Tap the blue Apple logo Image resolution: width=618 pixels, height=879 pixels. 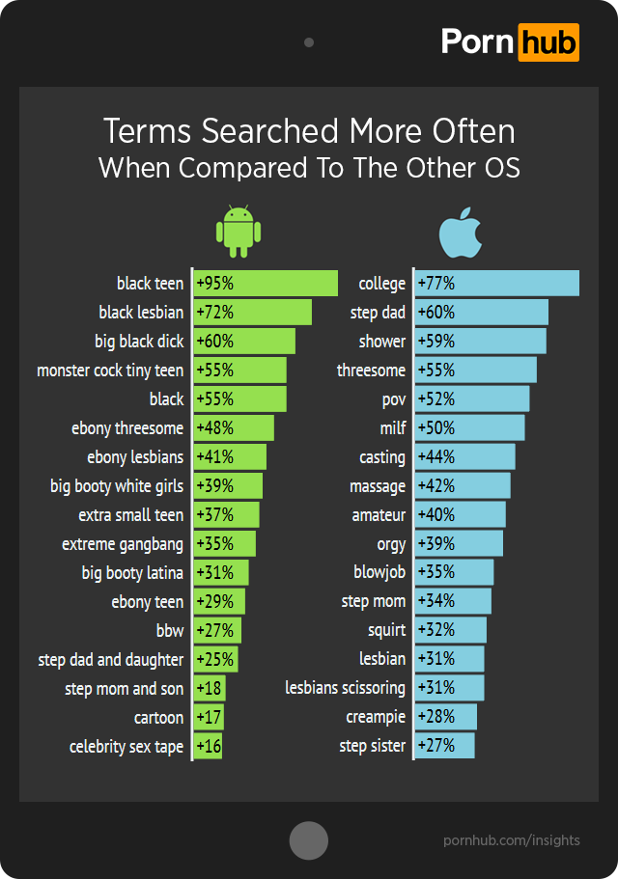(x=461, y=232)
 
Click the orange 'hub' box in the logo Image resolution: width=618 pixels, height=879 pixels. (x=548, y=42)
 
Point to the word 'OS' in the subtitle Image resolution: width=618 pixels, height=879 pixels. (x=499, y=167)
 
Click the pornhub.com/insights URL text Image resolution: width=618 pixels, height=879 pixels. (x=512, y=839)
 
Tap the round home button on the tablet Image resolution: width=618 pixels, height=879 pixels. (x=309, y=839)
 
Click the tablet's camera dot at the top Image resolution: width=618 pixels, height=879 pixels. (x=309, y=42)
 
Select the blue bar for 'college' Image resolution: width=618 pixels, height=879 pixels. (x=497, y=283)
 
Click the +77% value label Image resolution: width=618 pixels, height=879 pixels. (x=435, y=284)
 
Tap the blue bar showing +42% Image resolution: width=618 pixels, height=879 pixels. (x=463, y=485)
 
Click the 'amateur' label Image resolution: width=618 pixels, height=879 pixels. (x=379, y=515)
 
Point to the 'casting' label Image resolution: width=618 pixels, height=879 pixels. (x=382, y=457)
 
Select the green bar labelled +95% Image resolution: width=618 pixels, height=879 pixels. (x=266, y=283)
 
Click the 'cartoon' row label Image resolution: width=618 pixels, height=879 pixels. (x=158, y=718)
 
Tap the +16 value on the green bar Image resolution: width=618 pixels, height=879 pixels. (x=209, y=747)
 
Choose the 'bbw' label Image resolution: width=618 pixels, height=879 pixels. (x=169, y=631)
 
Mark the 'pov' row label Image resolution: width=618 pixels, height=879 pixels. (x=393, y=399)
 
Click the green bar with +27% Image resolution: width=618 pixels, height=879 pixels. (x=217, y=630)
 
